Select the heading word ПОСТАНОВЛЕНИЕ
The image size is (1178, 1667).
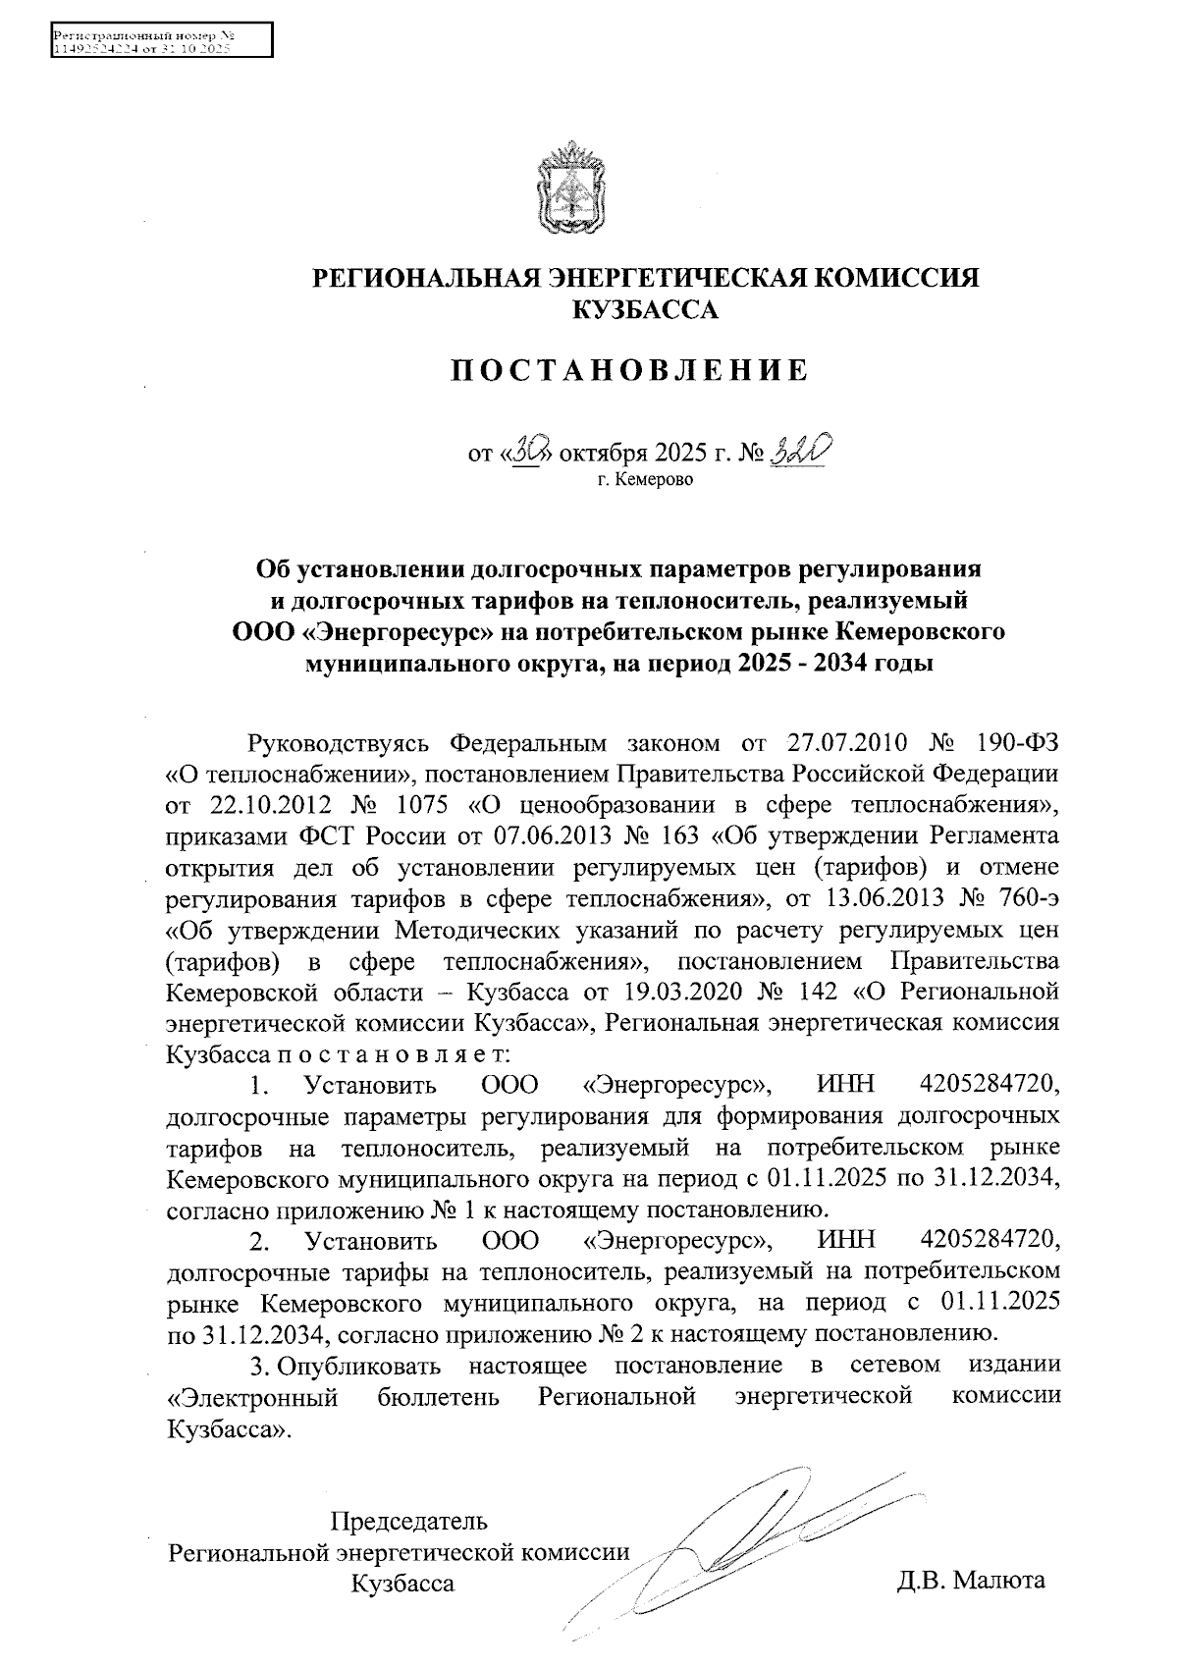[629, 370]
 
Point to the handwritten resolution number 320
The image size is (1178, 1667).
[802, 453]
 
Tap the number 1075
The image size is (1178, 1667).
[419, 806]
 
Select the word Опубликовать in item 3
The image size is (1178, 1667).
[359, 1365]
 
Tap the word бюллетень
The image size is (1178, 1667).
[439, 1396]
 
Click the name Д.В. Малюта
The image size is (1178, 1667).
[970, 1581]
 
